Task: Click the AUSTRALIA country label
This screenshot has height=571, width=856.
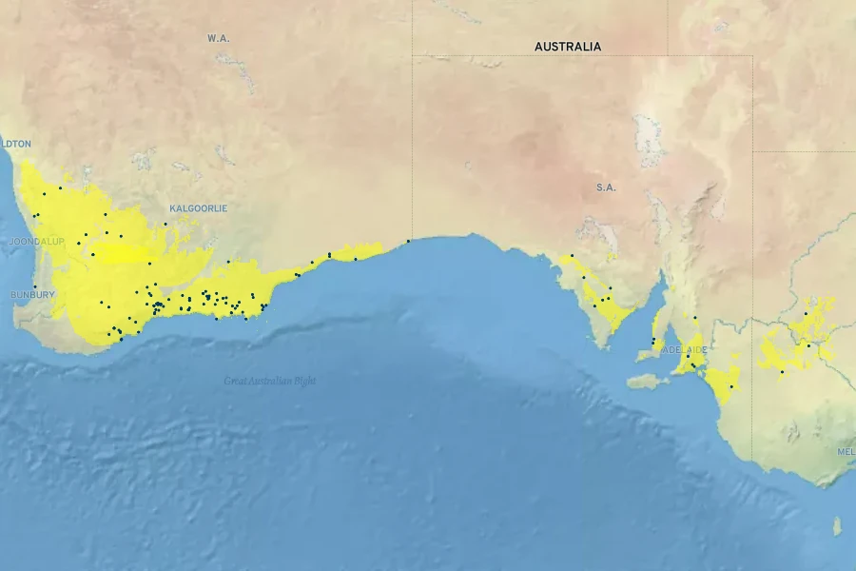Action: click(567, 47)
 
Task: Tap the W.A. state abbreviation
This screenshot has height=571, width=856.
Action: click(219, 38)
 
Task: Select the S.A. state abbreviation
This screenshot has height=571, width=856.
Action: click(606, 187)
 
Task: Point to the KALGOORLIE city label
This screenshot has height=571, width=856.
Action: click(198, 208)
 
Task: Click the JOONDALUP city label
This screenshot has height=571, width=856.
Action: click(36, 242)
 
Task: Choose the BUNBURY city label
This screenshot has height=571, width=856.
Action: click(32, 295)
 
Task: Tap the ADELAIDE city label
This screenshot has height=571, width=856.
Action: click(685, 350)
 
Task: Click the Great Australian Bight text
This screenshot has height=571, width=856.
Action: click(270, 381)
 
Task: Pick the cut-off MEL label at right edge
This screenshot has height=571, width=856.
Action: click(846, 451)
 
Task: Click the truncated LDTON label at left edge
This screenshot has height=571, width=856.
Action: click(16, 144)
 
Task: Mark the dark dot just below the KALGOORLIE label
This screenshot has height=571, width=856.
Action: click(165, 225)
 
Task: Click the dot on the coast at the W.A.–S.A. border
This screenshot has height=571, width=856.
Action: click(409, 241)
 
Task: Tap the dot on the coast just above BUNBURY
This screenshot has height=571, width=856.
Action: click(34, 286)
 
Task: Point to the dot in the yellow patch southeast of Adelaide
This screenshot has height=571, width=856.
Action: click(730, 386)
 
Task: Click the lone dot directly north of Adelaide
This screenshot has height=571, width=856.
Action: click(694, 317)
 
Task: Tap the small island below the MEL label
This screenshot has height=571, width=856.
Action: click(837, 525)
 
